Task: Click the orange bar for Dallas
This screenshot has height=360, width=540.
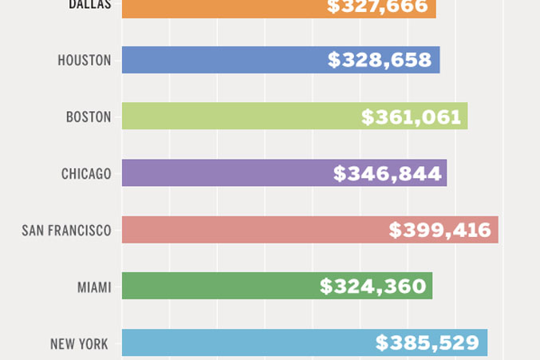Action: click(x=215, y=8)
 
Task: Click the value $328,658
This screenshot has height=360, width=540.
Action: click(x=380, y=60)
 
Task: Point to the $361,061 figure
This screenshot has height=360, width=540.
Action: click(x=411, y=117)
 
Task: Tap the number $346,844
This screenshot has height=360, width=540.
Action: click(x=388, y=173)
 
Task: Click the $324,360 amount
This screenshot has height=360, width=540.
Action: click(x=373, y=286)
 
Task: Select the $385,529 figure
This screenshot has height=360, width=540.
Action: click(x=428, y=343)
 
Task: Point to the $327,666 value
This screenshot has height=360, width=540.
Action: click(x=377, y=7)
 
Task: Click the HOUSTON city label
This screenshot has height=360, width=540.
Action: click(x=85, y=61)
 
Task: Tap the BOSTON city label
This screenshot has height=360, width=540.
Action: click(x=89, y=117)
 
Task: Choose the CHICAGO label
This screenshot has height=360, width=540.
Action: click(x=86, y=173)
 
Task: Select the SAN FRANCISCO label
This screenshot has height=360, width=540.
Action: click(x=66, y=231)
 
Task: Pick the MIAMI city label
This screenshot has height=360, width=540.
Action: click(x=94, y=287)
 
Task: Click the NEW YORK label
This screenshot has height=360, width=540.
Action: click(x=80, y=344)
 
